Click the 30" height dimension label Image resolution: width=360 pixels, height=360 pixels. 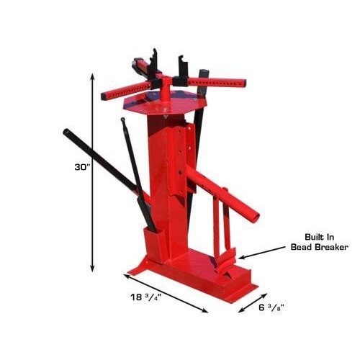coord(81,167)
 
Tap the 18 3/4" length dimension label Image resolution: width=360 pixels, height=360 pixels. coord(145,297)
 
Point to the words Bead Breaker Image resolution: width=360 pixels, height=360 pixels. coord(319,247)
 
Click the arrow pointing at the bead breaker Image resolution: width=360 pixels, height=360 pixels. coord(264,252)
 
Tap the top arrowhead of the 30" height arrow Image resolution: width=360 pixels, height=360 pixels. coord(93,77)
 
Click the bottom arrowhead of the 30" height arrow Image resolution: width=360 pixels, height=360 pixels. coord(93,268)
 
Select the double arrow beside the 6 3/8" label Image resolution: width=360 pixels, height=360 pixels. coord(253,303)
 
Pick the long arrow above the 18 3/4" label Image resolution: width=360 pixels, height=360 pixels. coord(166,293)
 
